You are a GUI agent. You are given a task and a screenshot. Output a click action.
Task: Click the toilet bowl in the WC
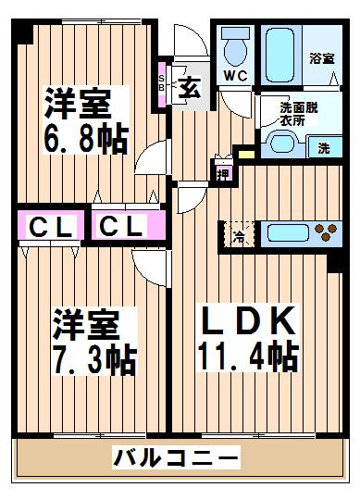(x=236, y=52)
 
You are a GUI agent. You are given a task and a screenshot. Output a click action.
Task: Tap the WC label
(x=235, y=76)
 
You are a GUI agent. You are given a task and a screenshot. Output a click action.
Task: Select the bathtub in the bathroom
(x=279, y=56)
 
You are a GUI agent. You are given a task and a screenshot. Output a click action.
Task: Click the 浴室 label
(x=322, y=58)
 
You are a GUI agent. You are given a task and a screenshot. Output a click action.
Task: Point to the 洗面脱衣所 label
(x=299, y=114)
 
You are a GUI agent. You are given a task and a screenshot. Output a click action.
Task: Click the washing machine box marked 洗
(x=325, y=147)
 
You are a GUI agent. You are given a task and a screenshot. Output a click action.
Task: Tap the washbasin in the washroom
(x=282, y=144)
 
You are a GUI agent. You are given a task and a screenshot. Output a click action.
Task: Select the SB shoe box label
(x=162, y=82)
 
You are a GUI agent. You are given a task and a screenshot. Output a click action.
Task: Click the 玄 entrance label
(x=190, y=87)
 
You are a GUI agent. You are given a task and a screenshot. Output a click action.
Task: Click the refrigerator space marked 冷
(x=240, y=235)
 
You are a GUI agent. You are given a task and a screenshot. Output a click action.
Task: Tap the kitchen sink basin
(x=288, y=233)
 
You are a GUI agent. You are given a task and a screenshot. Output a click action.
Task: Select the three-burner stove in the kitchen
(x=326, y=232)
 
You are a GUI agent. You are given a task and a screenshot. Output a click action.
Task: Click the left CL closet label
(x=50, y=227)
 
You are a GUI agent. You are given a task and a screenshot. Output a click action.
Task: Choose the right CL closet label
(x=120, y=226)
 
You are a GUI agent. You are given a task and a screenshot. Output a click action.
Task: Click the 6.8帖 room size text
(x=86, y=138)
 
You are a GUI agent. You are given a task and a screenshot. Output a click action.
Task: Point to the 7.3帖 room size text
(x=95, y=359)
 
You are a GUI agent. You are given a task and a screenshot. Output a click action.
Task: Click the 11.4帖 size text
(x=249, y=356)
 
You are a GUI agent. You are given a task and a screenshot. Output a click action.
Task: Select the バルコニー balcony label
(x=176, y=458)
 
